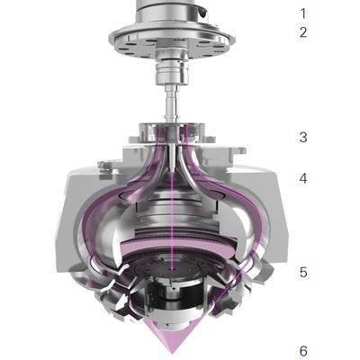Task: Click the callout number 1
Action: tap(303, 13)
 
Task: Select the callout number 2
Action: tap(303, 32)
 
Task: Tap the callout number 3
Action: tap(303, 137)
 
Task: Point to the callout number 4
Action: tap(303, 178)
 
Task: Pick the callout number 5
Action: tap(303, 272)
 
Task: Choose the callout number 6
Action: tap(303, 351)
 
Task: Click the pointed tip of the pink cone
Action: tap(172, 353)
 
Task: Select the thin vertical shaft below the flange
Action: tap(171, 102)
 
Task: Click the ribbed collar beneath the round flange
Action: tap(172, 73)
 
